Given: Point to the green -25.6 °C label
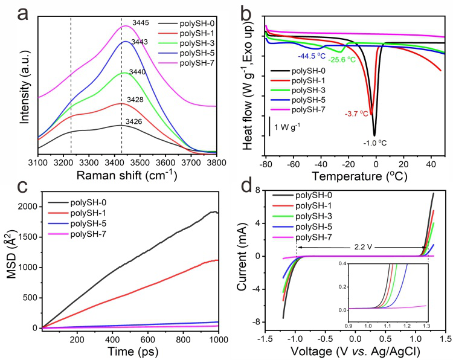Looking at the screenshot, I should (x=342, y=60).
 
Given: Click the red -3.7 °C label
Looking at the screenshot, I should (x=356, y=114).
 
